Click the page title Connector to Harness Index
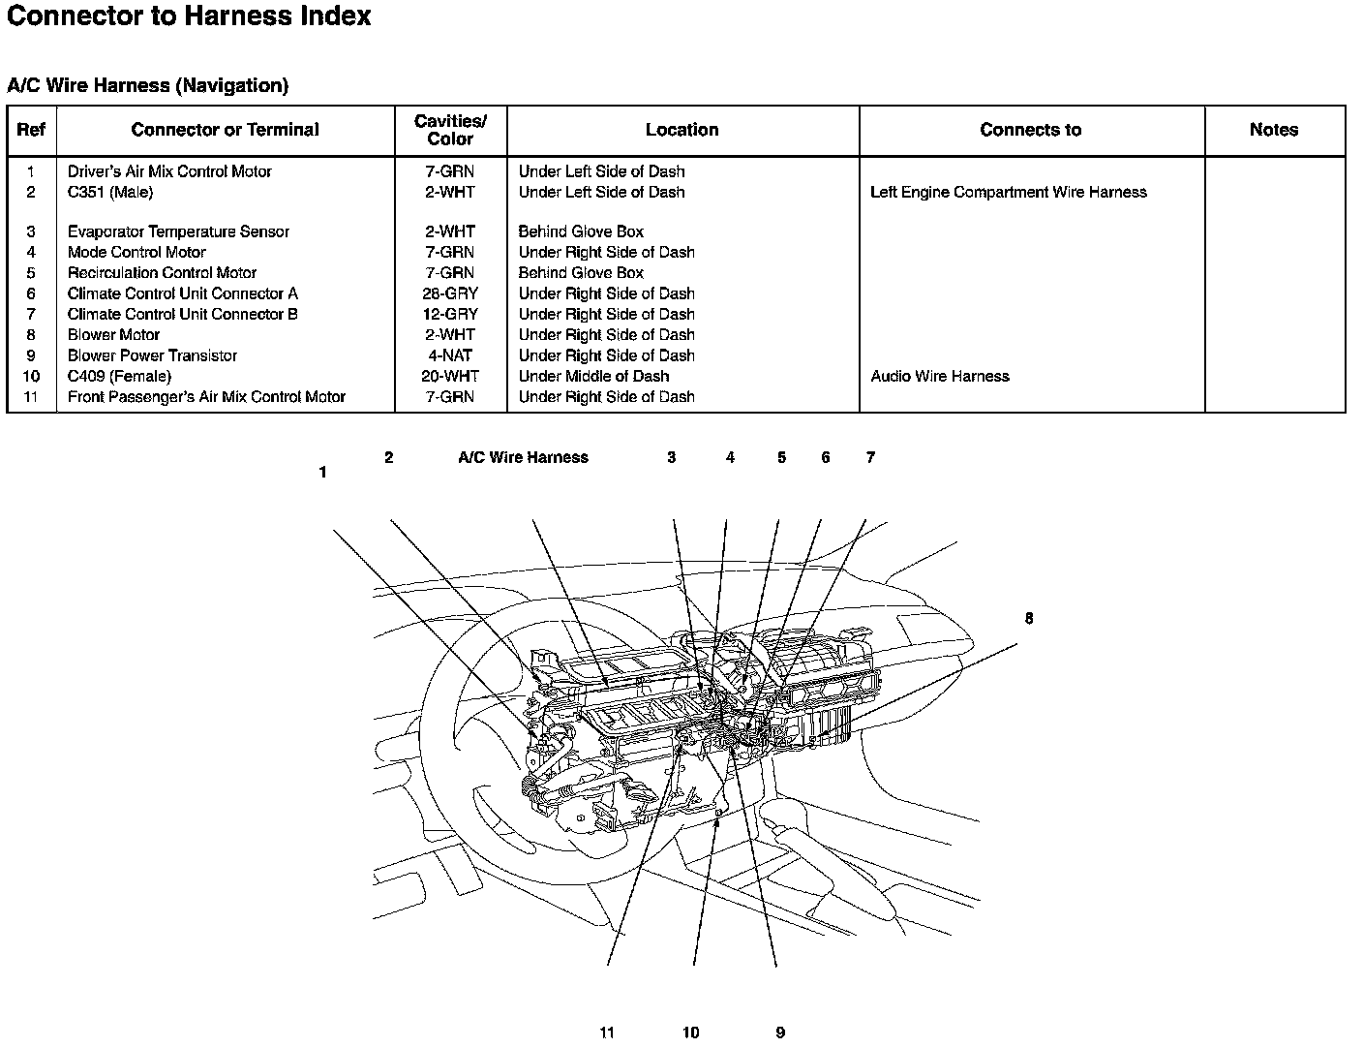point(189,16)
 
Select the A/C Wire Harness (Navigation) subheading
point(147,85)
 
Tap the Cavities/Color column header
point(450,130)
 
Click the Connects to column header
point(1030,130)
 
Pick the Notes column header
point(1273,130)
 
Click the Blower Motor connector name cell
point(113,335)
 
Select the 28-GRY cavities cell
point(450,293)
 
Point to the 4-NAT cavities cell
point(450,355)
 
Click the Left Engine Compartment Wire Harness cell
point(1008,192)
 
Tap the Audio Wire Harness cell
point(939,376)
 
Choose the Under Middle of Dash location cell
point(593,376)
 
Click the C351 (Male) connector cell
point(110,192)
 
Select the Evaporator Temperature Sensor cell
point(178,231)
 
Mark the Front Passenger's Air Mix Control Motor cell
point(206,397)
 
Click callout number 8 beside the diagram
point(1028,618)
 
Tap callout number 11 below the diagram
point(607,1033)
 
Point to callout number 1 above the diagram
point(322,473)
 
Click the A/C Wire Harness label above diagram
point(523,457)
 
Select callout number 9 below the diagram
point(779,1033)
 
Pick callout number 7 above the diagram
point(870,457)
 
